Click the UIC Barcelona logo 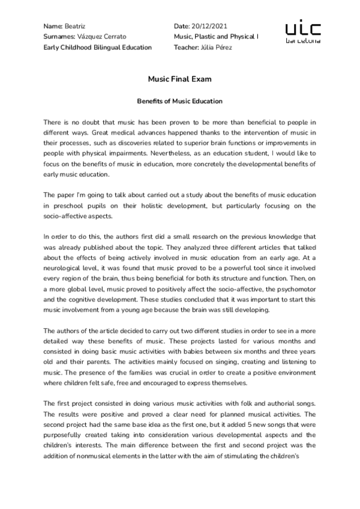302,33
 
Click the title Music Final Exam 179,79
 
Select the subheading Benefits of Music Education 180,101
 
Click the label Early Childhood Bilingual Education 98,47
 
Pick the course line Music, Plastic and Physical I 216,37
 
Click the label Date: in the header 181,27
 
